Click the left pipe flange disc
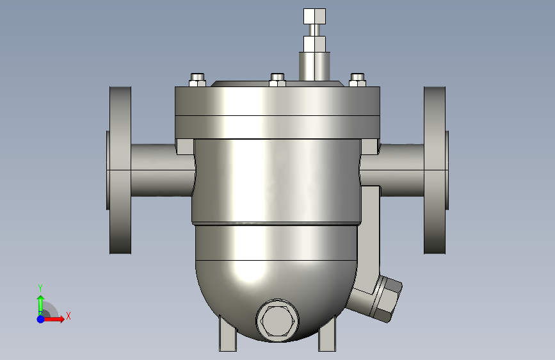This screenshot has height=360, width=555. [x=120, y=170]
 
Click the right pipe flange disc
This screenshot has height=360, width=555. [x=435, y=170]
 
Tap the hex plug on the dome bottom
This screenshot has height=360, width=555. [x=277, y=320]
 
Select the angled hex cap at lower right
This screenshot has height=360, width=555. [x=387, y=299]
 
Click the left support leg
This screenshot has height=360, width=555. [x=228, y=335]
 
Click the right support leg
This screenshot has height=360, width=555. [x=327, y=335]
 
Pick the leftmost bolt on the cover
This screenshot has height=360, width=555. [x=198, y=80]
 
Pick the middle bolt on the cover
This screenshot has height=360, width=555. [x=278, y=80]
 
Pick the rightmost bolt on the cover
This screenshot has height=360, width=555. [x=357, y=80]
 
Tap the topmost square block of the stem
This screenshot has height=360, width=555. [x=314, y=16]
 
